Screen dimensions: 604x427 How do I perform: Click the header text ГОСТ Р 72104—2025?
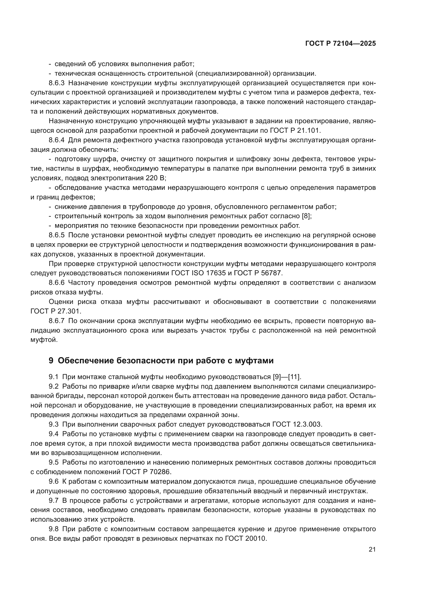[341, 43]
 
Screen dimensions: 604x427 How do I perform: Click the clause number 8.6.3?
[57, 83]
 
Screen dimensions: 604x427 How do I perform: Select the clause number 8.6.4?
[57, 140]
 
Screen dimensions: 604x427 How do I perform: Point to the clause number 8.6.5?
[57, 235]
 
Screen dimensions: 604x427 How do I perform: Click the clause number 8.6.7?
[57, 321]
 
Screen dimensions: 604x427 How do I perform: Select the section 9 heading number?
[51, 361]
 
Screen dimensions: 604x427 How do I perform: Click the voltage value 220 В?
[155, 178]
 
